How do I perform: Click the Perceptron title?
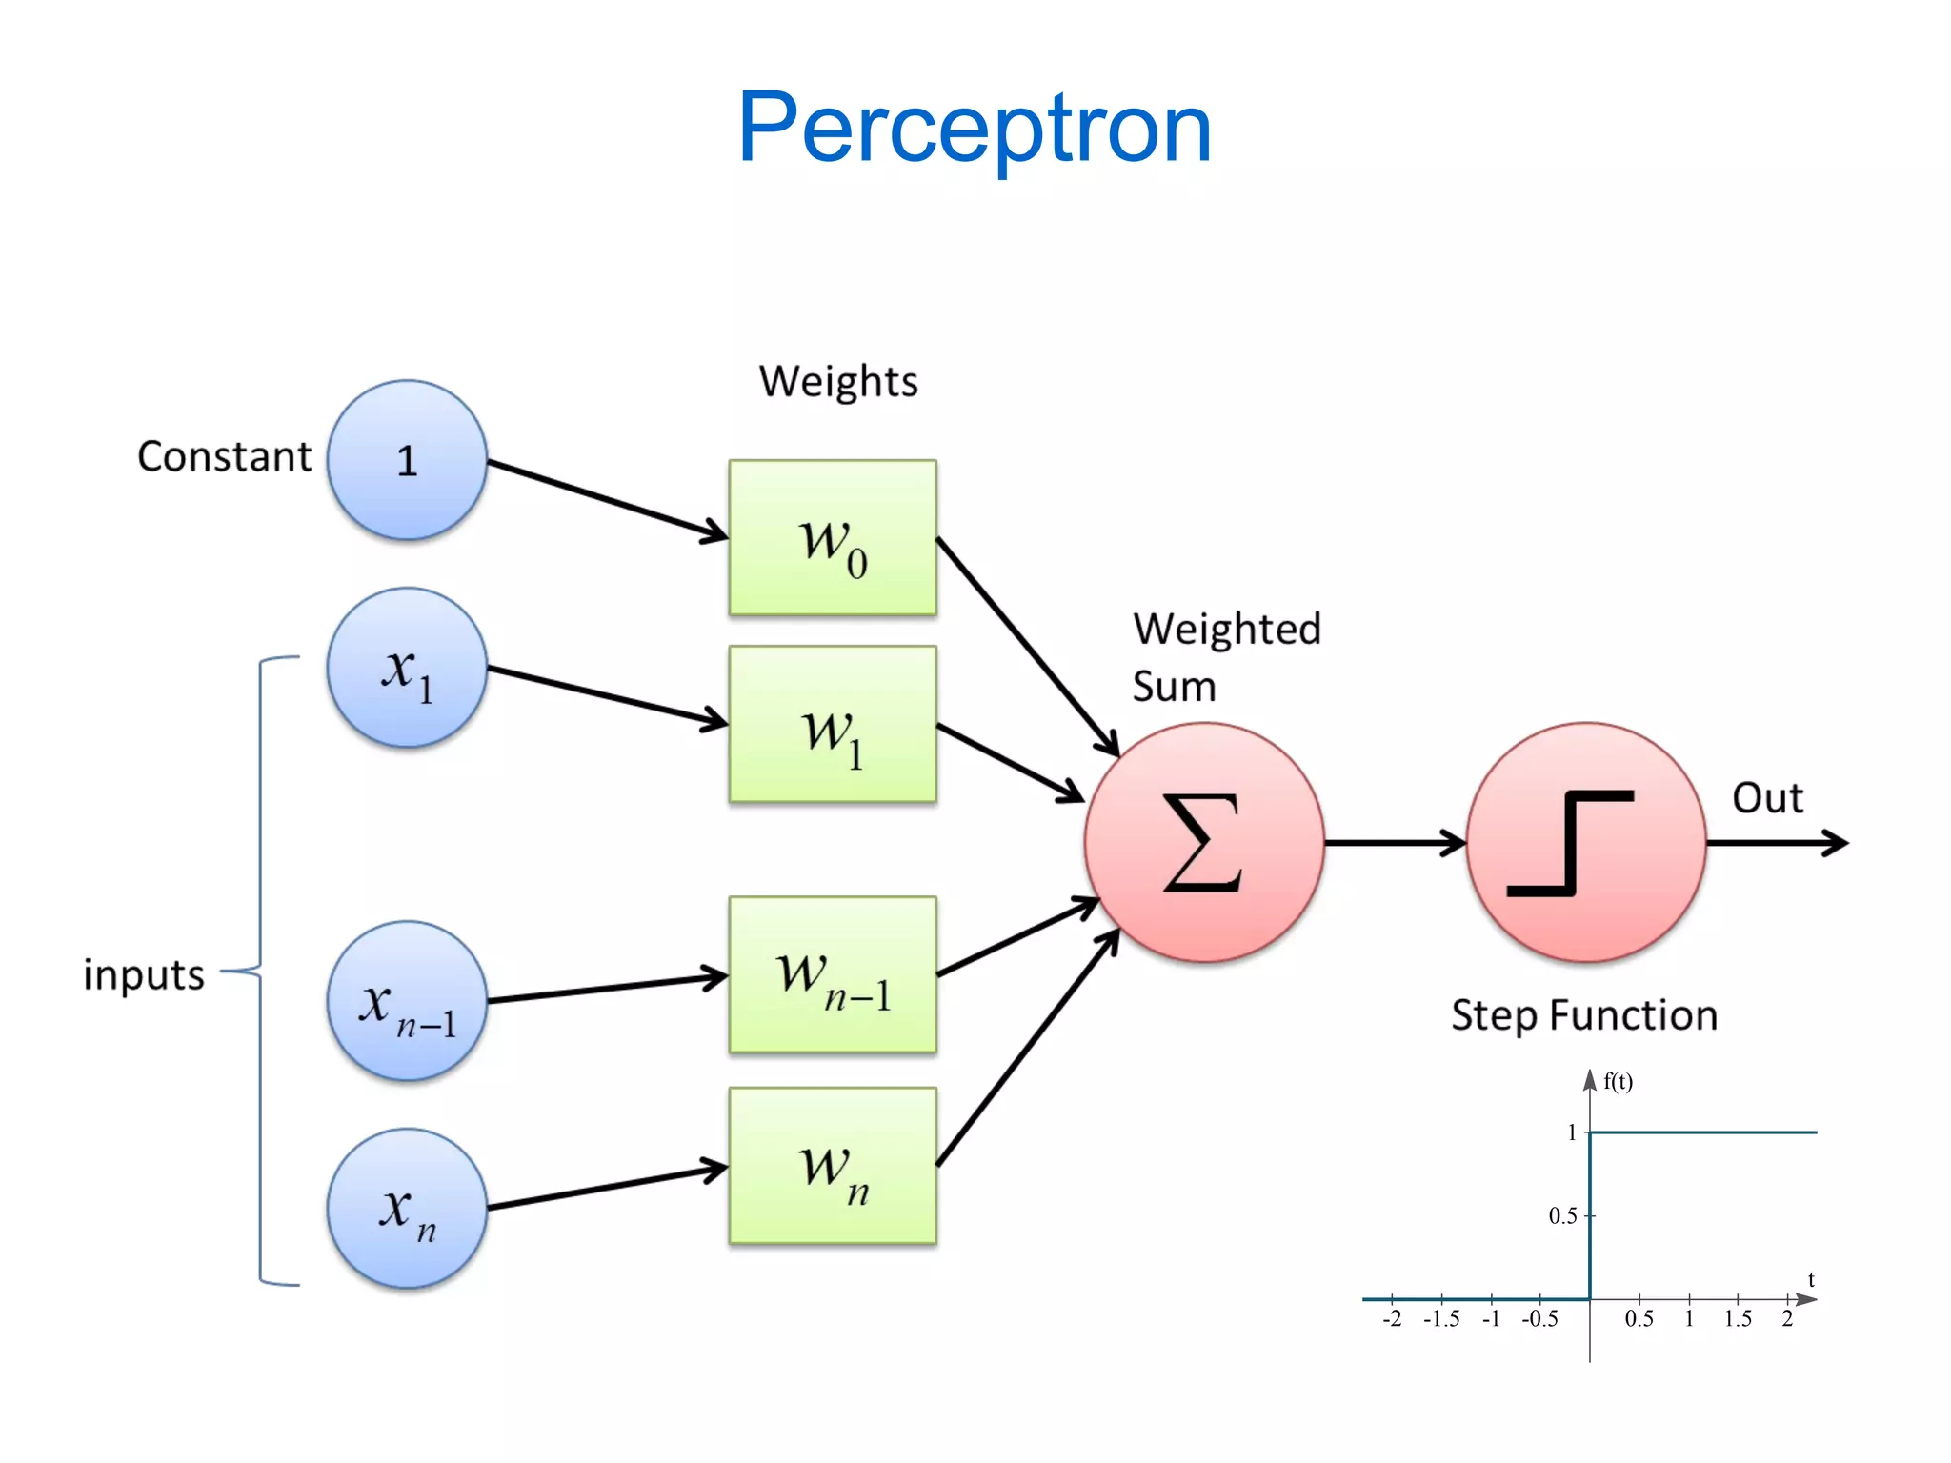point(974,128)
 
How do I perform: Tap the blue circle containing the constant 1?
point(407,461)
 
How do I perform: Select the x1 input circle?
point(407,668)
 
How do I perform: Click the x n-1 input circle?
point(407,1001)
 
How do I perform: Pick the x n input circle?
point(407,1209)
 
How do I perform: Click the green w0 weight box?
point(833,538)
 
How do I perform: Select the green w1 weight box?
point(833,724)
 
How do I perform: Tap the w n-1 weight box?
point(833,974)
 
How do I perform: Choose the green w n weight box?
point(833,1166)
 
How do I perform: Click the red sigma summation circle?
point(1204,843)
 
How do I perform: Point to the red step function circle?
point(1586,843)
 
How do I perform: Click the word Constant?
point(224,457)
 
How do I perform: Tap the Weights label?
point(838,382)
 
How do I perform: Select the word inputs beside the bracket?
point(144,974)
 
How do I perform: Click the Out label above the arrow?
point(1767,798)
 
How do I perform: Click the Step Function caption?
point(1584,1015)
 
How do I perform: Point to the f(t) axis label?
point(1618,1081)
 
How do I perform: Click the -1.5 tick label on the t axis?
point(1441,1319)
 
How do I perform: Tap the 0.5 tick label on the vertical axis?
point(1562,1216)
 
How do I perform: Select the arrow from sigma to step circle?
point(1395,843)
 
